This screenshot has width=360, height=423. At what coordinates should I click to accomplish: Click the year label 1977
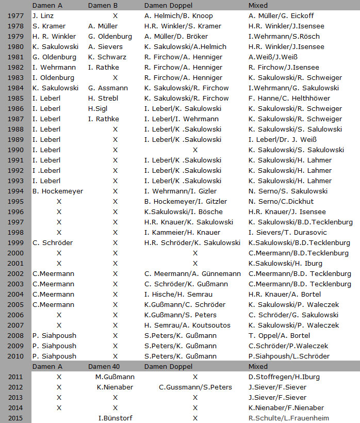tap(16, 16)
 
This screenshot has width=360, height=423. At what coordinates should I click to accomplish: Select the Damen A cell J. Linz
tap(46, 16)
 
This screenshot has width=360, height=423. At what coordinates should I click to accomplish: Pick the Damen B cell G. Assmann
tap(108, 88)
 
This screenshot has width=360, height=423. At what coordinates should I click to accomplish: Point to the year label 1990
tap(16, 150)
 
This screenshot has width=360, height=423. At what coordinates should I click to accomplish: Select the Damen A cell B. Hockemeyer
tap(58, 191)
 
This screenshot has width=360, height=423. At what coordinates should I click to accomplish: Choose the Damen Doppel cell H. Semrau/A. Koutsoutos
tap(188, 326)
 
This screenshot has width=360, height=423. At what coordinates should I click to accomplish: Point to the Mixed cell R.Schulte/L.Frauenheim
tap(289, 418)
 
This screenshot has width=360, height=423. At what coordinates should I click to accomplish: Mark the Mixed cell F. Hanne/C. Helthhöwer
tap(291, 99)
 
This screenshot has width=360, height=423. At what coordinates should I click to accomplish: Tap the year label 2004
tap(16, 295)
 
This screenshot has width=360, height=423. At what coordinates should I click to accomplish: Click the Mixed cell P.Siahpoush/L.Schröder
tap(289, 356)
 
